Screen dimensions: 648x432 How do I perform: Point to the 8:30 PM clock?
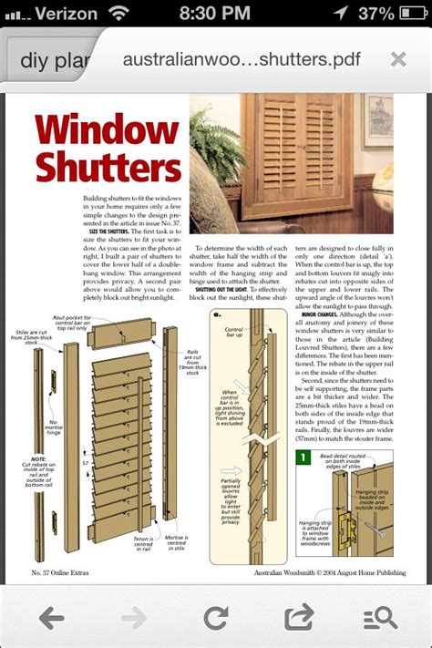click(x=215, y=14)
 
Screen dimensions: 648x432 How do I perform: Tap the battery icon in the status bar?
click(x=408, y=14)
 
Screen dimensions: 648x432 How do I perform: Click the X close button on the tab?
click(x=398, y=59)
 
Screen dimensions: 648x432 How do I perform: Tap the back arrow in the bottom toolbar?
click(x=52, y=618)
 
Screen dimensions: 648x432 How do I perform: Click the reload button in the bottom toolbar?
click(x=216, y=618)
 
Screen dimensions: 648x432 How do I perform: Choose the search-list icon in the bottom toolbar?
click(x=380, y=618)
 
